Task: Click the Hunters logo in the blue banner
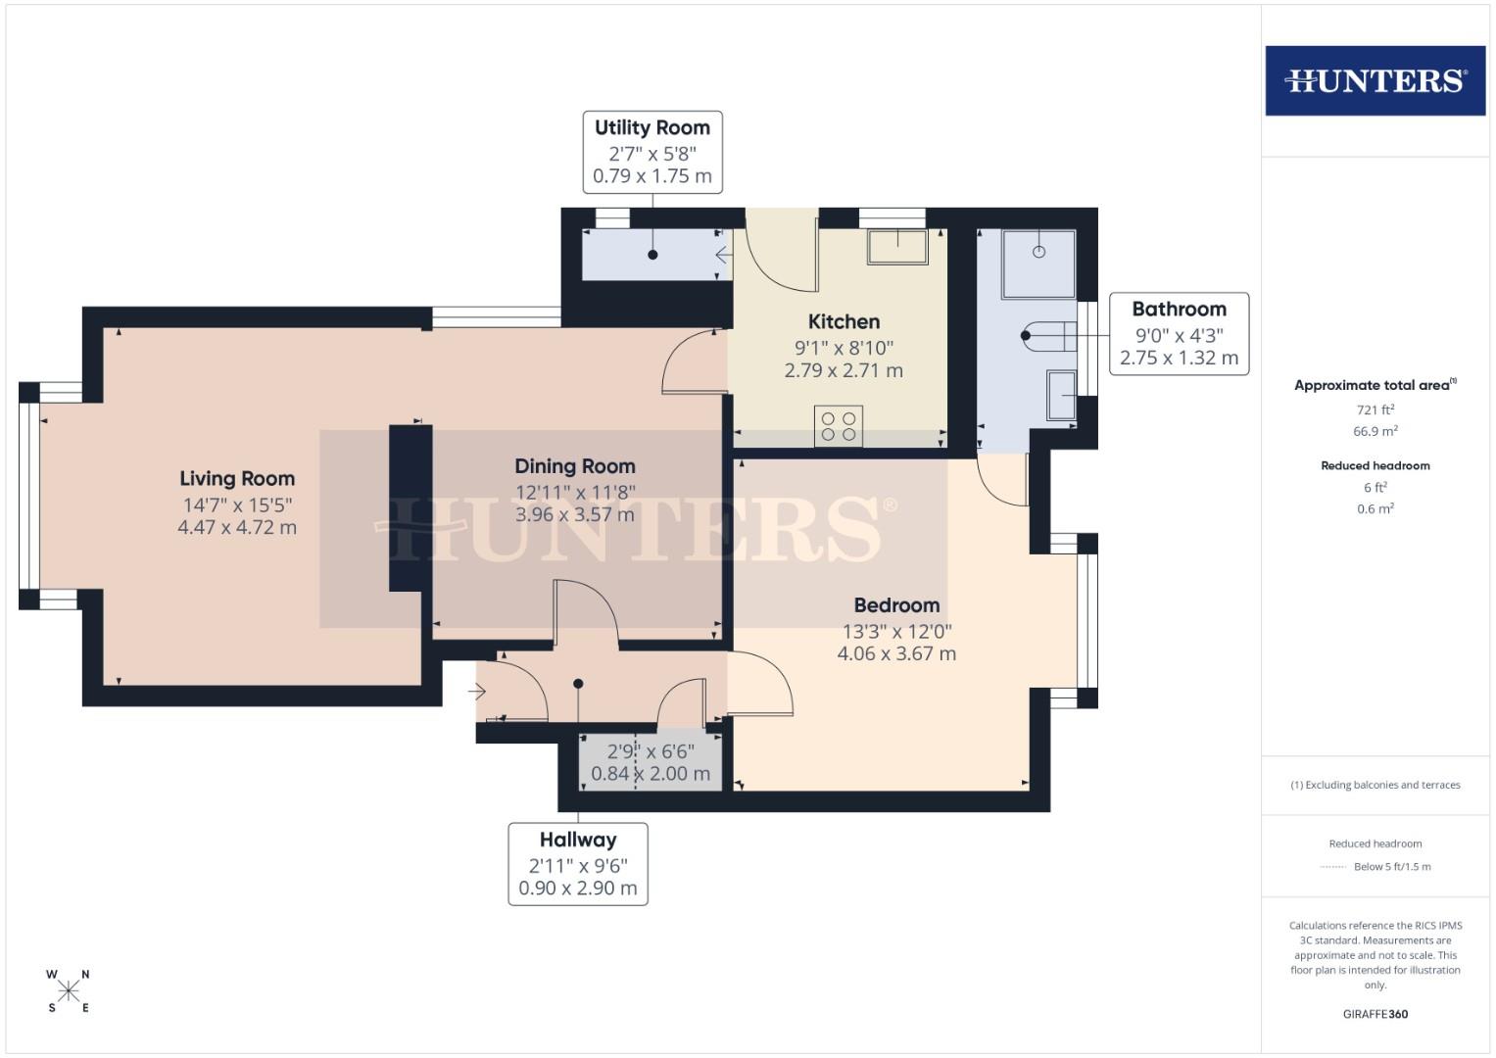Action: click(1375, 80)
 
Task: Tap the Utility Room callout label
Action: click(651, 152)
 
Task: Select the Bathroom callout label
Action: click(1179, 333)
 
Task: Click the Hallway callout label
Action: click(578, 864)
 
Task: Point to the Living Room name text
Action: click(237, 478)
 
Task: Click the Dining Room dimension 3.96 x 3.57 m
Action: click(575, 514)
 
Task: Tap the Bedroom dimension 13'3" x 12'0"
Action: click(896, 631)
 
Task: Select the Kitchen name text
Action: click(844, 321)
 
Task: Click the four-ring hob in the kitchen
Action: click(839, 426)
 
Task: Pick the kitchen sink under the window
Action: click(896, 247)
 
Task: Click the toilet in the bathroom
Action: click(1049, 336)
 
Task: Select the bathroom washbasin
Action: click(1061, 394)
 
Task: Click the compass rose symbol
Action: click(69, 991)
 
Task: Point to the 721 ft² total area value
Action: click(1375, 409)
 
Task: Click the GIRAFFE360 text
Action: click(1375, 1014)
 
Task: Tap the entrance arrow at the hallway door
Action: click(477, 693)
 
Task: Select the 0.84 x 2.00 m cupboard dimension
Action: click(651, 774)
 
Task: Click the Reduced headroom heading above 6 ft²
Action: click(1375, 465)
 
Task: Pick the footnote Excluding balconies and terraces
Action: click(1375, 785)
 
